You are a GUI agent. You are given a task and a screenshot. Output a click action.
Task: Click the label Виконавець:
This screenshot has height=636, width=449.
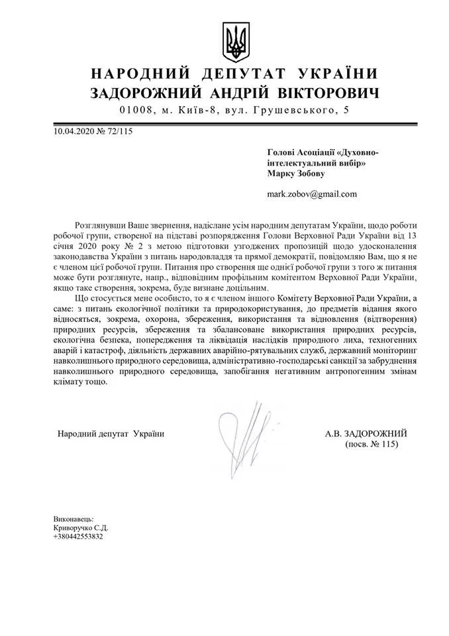74,519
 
